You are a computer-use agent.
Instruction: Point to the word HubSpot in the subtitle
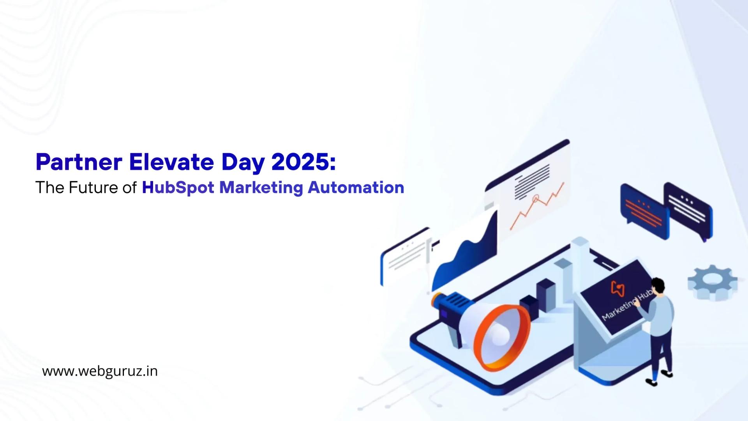pos(178,188)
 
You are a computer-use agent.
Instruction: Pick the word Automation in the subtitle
pos(356,188)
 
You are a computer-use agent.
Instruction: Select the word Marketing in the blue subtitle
pos(261,188)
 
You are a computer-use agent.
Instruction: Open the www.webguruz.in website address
pos(100,371)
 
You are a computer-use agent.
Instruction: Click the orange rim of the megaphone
pos(503,337)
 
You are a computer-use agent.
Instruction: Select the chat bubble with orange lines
pos(644,210)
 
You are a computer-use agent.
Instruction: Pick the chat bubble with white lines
pos(688,209)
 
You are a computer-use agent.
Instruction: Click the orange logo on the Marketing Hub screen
pos(618,288)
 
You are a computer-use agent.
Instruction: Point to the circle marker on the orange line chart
pos(536,199)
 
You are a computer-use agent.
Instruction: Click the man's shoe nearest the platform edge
pos(651,382)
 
